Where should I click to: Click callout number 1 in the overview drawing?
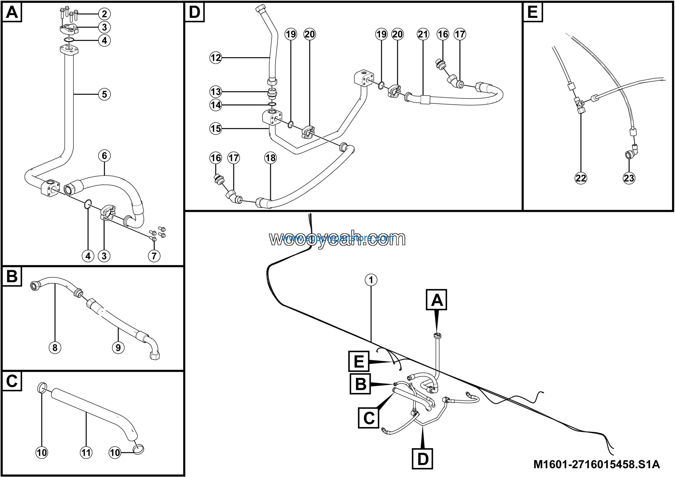click(x=371, y=280)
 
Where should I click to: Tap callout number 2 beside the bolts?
click(x=104, y=14)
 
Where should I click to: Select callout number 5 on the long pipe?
click(x=104, y=94)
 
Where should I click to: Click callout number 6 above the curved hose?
click(x=104, y=156)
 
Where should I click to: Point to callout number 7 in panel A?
click(x=154, y=256)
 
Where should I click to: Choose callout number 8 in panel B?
click(x=55, y=348)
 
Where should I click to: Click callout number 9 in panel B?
click(x=118, y=348)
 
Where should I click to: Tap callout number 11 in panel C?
click(x=86, y=452)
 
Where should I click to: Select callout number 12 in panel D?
click(x=215, y=58)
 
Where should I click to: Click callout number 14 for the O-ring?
click(x=215, y=105)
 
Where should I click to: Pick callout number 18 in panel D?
click(x=270, y=158)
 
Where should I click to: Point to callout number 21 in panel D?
click(x=423, y=34)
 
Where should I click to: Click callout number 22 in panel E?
click(x=581, y=178)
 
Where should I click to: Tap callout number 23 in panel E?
click(x=629, y=178)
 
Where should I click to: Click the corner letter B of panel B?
click(x=12, y=276)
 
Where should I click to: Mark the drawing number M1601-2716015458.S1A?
click(x=596, y=464)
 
